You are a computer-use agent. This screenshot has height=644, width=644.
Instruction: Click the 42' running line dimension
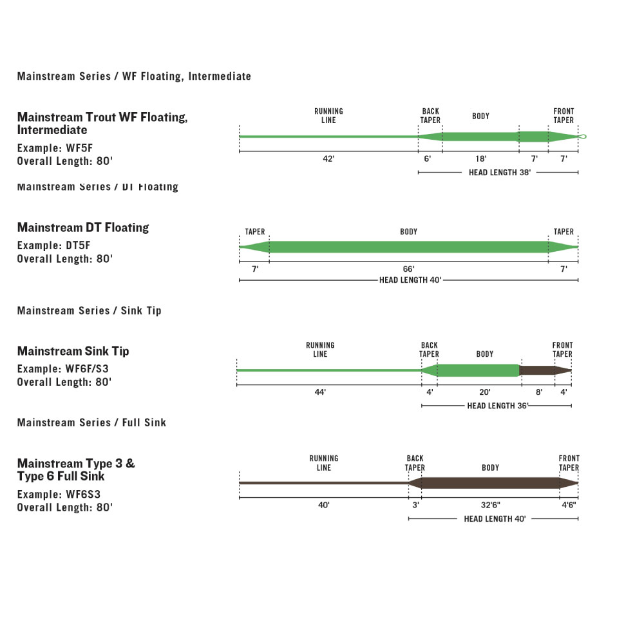point(328,158)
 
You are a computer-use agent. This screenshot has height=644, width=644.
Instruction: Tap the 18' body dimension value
point(480,158)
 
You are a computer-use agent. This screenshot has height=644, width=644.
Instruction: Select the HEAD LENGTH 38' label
point(499,173)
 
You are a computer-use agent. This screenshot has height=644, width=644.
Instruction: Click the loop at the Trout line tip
point(583,136)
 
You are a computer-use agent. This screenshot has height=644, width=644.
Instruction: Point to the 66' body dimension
point(408,269)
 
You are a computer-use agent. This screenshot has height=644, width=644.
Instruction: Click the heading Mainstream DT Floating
point(83,227)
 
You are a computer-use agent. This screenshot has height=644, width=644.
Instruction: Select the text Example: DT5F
point(55,246)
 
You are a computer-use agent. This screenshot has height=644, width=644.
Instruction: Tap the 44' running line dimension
point(320,392)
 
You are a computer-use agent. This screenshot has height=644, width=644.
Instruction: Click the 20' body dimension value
point(485,392)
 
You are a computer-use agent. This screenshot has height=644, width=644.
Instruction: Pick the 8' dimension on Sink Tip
point(539,392)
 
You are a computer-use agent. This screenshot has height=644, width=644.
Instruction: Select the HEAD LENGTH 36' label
point(497,406)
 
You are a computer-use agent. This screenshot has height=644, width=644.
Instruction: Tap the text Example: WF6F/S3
point(63,369)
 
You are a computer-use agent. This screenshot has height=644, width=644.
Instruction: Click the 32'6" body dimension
point(490,505)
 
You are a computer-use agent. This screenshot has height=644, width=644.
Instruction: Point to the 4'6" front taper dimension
point(568,505)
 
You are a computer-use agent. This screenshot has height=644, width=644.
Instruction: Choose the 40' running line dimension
point(323,505)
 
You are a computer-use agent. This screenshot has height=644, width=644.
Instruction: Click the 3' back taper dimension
point(415,505)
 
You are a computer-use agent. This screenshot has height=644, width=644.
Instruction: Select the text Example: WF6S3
point(59,495)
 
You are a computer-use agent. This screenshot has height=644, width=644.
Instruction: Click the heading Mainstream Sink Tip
point(73,351)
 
